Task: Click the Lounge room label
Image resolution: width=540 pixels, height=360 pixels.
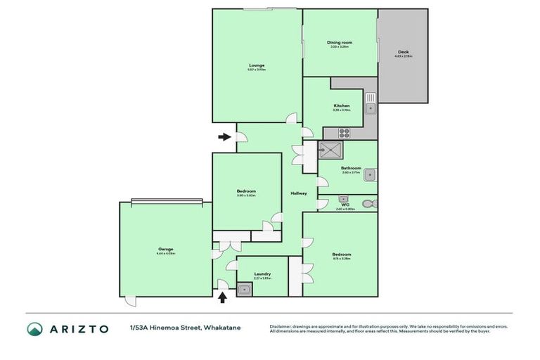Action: pyautogui.click(x=256, y=65)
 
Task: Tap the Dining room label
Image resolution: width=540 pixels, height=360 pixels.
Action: pyautogui.click(x=340, y=43)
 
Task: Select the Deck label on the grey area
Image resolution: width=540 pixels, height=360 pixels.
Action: pyautogui.click(x=403, y=52)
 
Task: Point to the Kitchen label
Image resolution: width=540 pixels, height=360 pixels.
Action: pyautogui.click(x=341, y=106)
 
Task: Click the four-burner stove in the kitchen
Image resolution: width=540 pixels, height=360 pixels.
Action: pyautogui.click(x=345, y=132)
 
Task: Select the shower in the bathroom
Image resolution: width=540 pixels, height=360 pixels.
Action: pyautogui.click(x=330, y=151)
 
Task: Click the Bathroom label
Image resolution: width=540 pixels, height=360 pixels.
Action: pyautogui.click(x=351, y=169)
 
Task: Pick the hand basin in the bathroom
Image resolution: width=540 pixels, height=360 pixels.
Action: pyautogui.click(x=373, y=176)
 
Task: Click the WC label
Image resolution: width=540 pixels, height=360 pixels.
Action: pyautogui.click(x=345, y=205)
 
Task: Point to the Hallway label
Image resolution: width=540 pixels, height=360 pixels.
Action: pyautogui.click(x=299, y=194)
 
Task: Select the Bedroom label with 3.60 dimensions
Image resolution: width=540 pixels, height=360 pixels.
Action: pyautogui.click(x=246, y=191)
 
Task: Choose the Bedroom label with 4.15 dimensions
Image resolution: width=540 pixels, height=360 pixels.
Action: pyautogui.click(x=341, y=255)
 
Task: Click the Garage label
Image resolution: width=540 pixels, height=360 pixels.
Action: pyautogui.click(x=165, y=250)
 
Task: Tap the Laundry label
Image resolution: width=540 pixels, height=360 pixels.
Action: pyautogui.click(x=262, y=275)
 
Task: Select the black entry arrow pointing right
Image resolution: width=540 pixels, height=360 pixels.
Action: pyautogui.click(x=224, y=136)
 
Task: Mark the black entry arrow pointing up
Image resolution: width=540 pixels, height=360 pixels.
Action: pyautogui.click(x=223, y=297)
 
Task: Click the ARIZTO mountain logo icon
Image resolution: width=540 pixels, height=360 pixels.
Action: pyautogui.click(x=35, y=329)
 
